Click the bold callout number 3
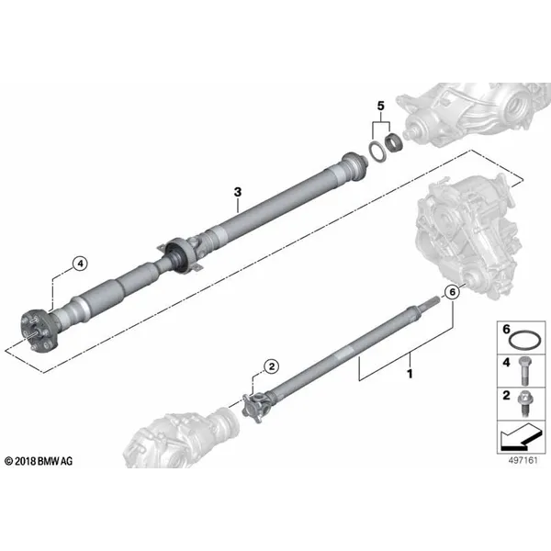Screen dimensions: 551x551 (x=238, y=192)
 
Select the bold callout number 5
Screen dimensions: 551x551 (x=381, y=106)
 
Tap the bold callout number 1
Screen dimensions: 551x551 (x=410, y=374)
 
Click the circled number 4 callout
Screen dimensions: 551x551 (x=81, y=263)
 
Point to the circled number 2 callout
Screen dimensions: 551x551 (x=272, y=366)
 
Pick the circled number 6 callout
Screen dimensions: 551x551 (x=452, y=292)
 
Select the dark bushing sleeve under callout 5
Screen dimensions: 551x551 (x=394, y=142)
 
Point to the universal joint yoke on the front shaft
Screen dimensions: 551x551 (x=257, y=407)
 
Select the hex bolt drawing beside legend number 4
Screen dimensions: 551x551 (x=524, y=371)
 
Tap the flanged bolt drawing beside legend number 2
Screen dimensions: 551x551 (x=524, y=403)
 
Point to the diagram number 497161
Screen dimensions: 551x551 (x=523, y=460)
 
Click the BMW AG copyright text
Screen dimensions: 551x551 (x=39, y=461)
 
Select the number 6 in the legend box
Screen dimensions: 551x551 (x=506, y=330)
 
